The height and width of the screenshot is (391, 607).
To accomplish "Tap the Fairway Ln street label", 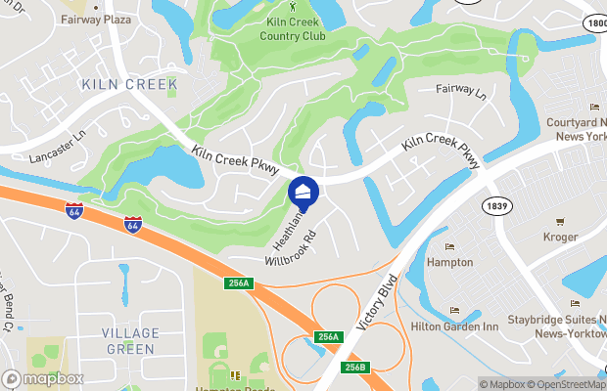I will click(x=460, y=91).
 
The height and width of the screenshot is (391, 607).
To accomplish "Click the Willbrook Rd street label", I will click(x=292, y=249).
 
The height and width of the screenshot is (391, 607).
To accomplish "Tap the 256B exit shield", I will click(x=355, y=367).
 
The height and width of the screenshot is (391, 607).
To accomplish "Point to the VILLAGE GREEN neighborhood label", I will click(x=129, y=341).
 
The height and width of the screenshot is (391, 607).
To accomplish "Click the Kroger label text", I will click(x=561, y=237).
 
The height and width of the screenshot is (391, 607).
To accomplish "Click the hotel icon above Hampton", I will click(x=449, y=246).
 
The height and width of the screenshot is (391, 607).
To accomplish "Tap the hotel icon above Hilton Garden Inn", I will click(x=454, y=311).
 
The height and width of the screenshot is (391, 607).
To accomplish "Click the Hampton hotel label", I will click(x=449, y=262).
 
